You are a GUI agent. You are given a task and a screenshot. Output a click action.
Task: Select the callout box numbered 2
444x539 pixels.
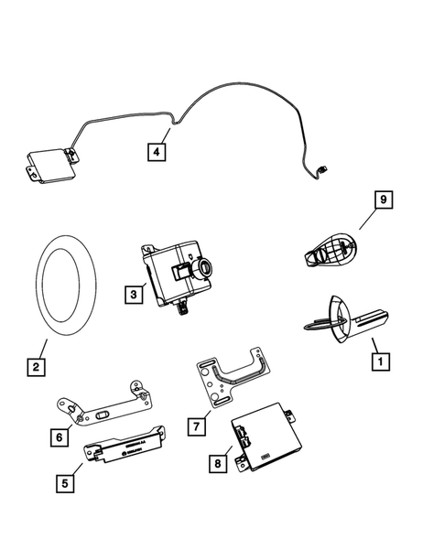coord(35,369)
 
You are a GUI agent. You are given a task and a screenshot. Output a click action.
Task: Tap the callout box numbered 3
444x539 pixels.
coord(134,295)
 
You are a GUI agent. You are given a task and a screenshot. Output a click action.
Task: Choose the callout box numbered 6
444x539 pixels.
coord(59,437)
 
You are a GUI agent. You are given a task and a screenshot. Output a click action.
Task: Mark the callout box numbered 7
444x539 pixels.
coord(195,426)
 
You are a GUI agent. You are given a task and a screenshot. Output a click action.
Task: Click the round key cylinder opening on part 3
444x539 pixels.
coord(203,269)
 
